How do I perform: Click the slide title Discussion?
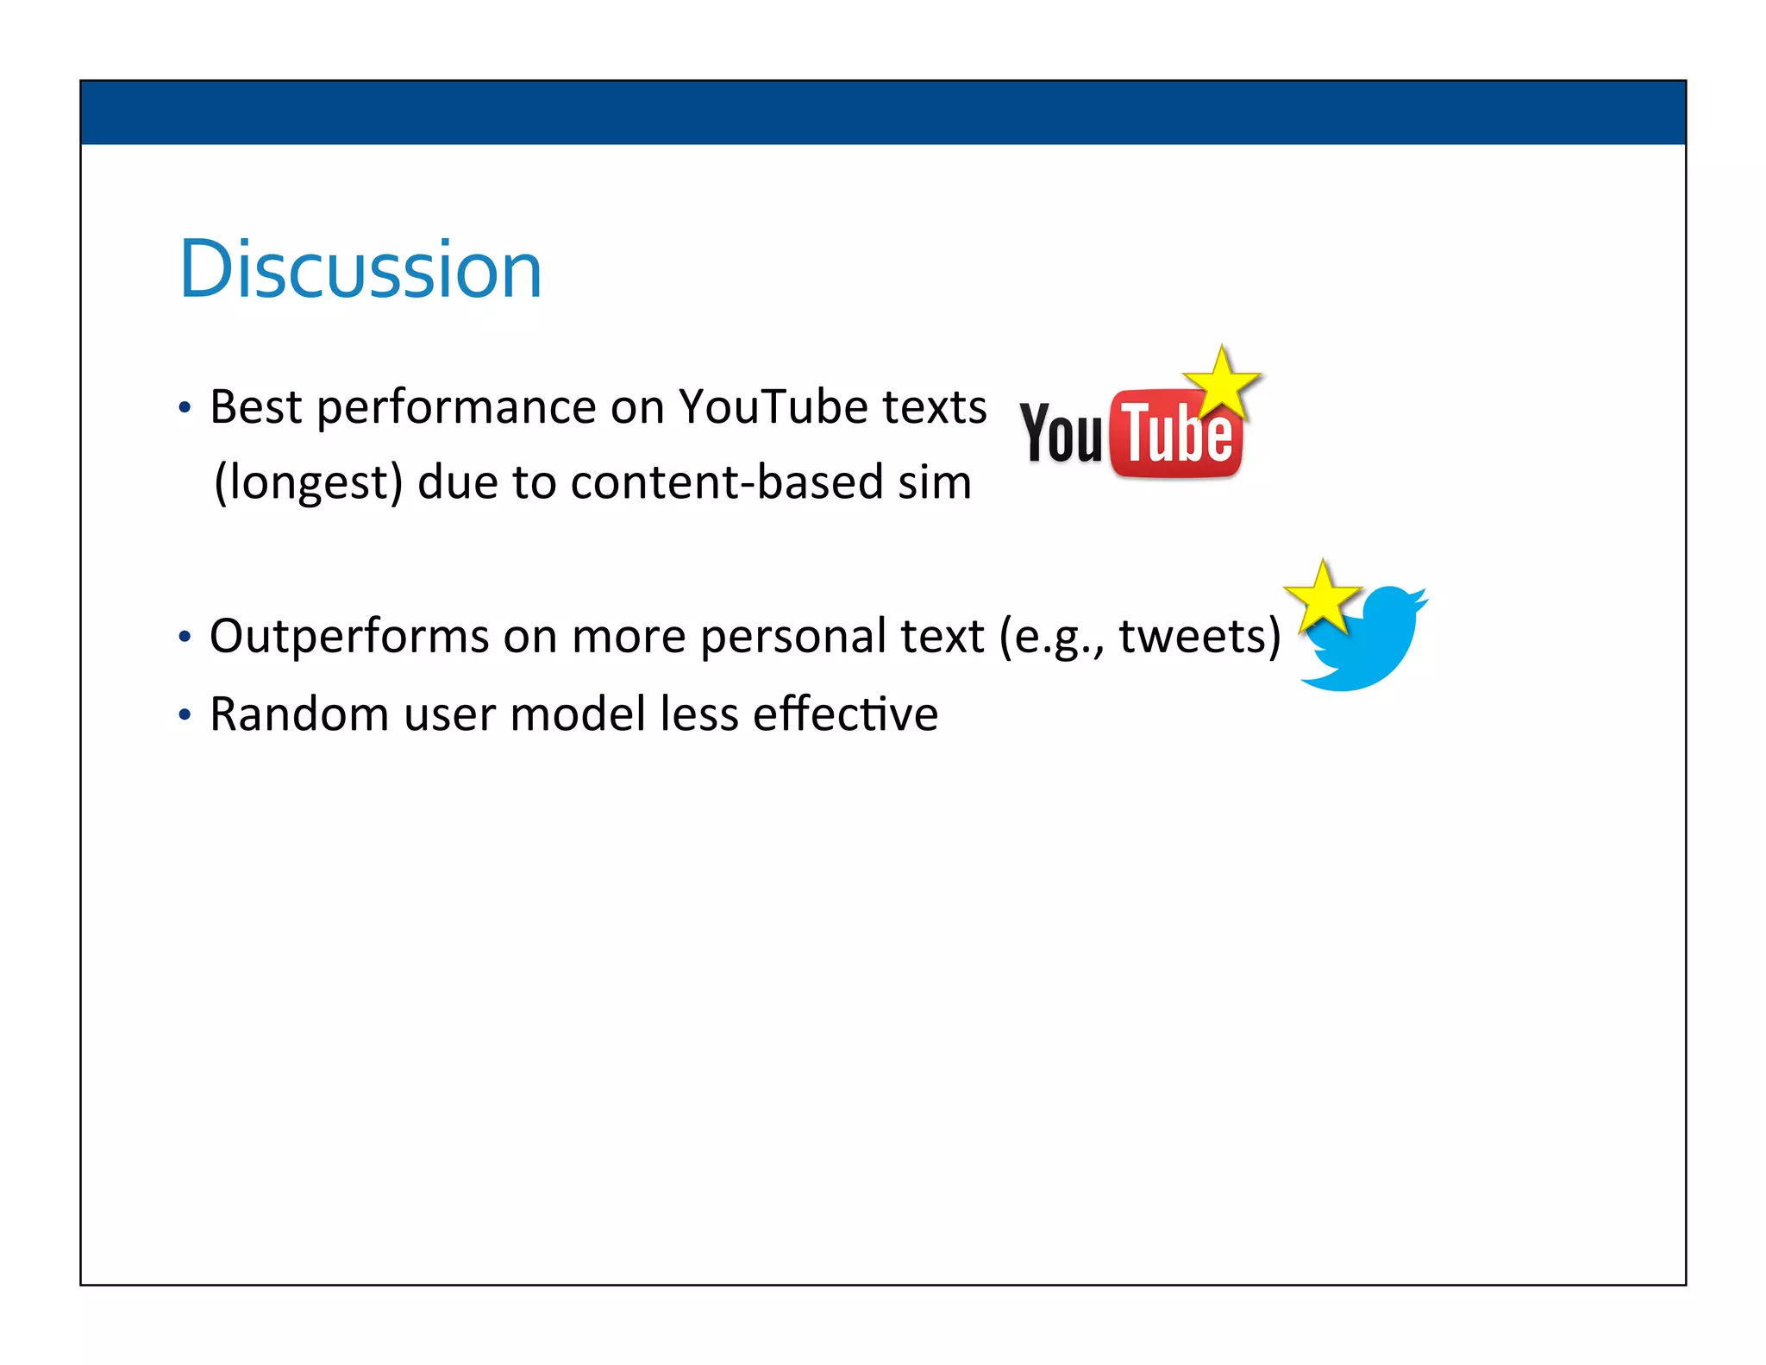click(360, 270)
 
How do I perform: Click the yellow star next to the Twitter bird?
click(1322, 597)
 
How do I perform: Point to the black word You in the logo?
click(1061, 433)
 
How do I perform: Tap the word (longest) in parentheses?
click(309, 482)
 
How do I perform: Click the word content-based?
click(726, 482)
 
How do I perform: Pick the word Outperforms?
click(348, 637)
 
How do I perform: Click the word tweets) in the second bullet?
click(1199, 637)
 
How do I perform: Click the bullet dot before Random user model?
click(184, 715)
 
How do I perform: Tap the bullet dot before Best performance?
click(184, 407)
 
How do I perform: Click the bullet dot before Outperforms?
click(184, 638)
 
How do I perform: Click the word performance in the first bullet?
click(456, 406)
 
